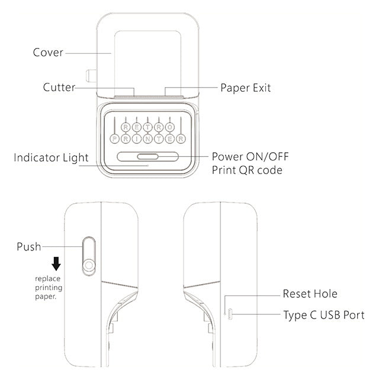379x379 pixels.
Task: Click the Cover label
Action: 47,53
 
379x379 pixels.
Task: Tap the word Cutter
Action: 59,88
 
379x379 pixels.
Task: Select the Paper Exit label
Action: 246,88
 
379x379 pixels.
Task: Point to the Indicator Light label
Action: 51,158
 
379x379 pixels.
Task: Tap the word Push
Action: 29,246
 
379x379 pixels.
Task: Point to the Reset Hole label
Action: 310,294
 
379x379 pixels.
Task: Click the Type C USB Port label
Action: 323,315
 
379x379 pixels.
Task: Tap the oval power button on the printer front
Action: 147,157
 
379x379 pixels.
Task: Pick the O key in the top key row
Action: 169,126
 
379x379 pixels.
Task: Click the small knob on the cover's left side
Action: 90,76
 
